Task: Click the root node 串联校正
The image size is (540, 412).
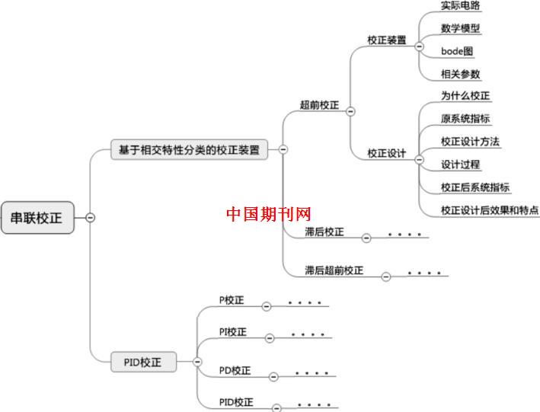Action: pyautogui.click(x=37, y=217)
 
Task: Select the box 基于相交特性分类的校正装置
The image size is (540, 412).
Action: pyautogui.click(x=190, y=150)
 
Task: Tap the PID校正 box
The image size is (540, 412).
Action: pyautogui.click(x=142, y=362)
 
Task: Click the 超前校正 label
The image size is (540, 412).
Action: pyautogui.click(x=320, y=104)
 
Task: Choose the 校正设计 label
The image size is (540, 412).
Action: pyautogui.click(x=386, y=153)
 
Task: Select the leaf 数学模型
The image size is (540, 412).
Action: pyautogui.click(x=460, y=28)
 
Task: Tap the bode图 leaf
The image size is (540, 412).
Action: pyautogui.click(x=457, y=51)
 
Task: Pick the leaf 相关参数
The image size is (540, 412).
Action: pyautogui.click(x=460, y=74)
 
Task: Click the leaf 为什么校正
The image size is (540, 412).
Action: pyautogui.click(x=465, y=96)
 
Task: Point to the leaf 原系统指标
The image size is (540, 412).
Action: pyautogui.click(x=465, y=119)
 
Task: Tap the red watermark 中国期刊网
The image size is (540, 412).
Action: pyautogui.click(x=269, y=214)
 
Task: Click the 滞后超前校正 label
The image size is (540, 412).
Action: pyautogui.click(x=334, y=270)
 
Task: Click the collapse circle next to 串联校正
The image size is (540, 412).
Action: pyautogui.click(x=91, y=217)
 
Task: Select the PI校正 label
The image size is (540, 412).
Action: pyautogui.click(x=233, y=332)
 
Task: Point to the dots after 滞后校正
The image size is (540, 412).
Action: pyautogui.click(x=404, y=234)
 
